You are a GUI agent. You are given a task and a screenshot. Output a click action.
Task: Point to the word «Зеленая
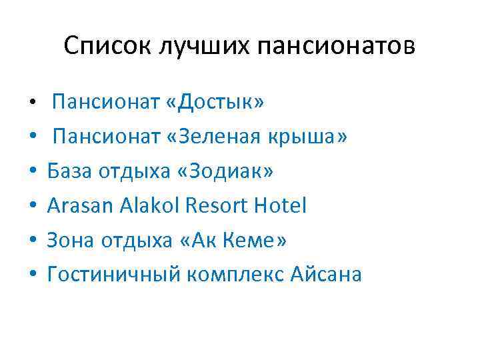[x=215, y=137]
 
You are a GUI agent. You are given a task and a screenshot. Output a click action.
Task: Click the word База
[x=69, y=171]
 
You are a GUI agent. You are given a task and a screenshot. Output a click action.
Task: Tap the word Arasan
[x=80, y=205]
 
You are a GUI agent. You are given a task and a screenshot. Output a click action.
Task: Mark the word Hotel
[x=280, y=205]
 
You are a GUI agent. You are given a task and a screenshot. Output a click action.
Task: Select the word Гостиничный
[x=113, y=274]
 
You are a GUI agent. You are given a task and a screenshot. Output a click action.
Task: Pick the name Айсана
[x=326, y=274]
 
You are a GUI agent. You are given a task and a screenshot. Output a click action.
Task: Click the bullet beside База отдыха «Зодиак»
[x=32, y=172]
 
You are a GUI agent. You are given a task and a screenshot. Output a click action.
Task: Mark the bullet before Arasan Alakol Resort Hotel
[x=32, y=207]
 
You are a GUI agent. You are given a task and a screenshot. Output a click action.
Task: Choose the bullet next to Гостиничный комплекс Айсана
[x=32, y=275]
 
